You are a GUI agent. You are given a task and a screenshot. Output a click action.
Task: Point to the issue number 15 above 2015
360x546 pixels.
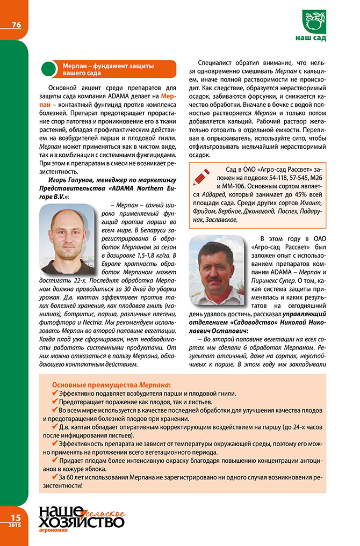click(13, 516)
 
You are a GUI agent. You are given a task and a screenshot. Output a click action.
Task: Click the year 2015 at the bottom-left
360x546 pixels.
click(13, 525)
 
